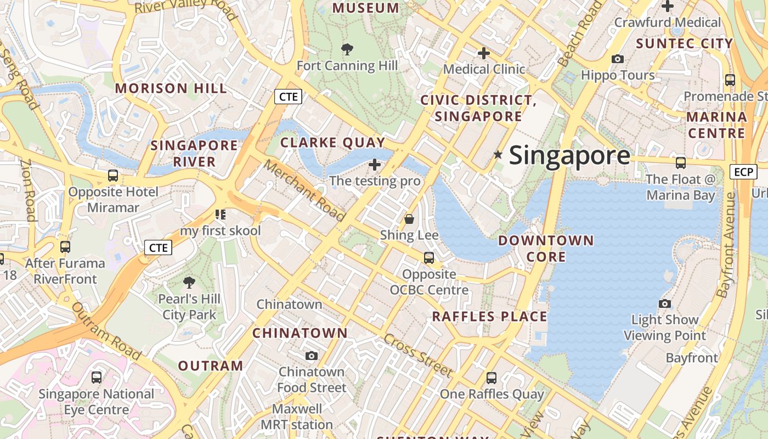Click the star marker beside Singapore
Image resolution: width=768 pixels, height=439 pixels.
(498, 155)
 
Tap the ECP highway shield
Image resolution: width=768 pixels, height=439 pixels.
(743, 172)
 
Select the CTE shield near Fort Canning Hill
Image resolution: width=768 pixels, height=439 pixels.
(289, 97)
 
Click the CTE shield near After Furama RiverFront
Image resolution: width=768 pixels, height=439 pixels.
(158, 247)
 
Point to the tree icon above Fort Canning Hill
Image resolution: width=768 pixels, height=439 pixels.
(347, 50)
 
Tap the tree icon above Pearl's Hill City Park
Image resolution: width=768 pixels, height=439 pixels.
(189, 283)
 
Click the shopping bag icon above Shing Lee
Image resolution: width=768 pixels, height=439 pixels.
(409, 219)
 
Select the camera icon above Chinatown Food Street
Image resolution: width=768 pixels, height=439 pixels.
(312, 356)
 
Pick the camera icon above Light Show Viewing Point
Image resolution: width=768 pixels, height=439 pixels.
(665, 304)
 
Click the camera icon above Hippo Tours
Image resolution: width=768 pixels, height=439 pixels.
(618, 59)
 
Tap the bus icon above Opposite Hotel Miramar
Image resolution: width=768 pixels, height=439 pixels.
(112, 176)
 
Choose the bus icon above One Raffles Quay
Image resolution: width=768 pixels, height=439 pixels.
(492, 378)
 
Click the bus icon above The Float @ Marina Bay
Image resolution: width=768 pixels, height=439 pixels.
(681, 163)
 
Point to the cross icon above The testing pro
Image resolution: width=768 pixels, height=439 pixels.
(375, 165)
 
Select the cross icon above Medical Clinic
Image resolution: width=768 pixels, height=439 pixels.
(483, 54)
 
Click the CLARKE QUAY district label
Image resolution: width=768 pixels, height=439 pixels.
(333, 143)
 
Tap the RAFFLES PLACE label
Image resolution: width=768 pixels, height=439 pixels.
(489, 317)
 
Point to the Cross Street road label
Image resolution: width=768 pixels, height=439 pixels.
(418, 355)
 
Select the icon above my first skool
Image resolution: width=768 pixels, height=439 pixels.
(221, 215)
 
